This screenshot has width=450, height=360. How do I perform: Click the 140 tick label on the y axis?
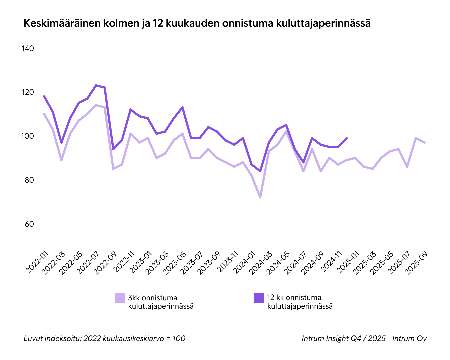(x=28, y=48)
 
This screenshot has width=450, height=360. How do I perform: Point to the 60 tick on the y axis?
(x=29, y=224)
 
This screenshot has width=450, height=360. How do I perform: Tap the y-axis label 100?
(x=28, y=136)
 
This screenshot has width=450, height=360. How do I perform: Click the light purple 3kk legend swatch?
(x=120, y=298)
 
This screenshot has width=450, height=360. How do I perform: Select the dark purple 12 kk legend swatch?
(x=259, y=298)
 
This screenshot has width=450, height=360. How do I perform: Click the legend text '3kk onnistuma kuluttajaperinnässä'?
(x=161, y=302)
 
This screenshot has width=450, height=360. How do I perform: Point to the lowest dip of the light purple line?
(x=260, y=198)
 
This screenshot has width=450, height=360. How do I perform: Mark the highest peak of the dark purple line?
(x=96, y=85)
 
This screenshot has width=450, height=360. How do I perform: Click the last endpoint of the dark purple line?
(x=347, y=138)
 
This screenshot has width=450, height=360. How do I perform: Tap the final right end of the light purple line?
(x=424, y=142)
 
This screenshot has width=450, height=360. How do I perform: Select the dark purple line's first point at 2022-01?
(x=44, y=96)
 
